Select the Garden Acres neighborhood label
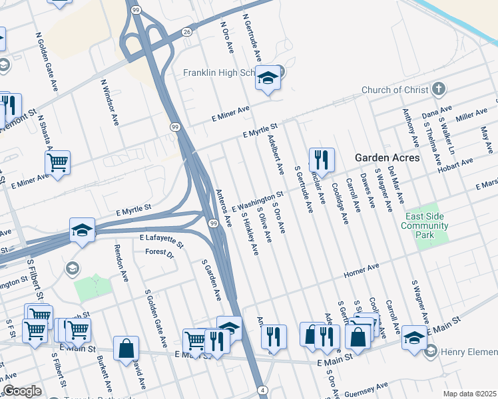coord(387,158)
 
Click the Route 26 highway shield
coord(187,31)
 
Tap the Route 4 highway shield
coord(264,389)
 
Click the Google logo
coord(22,391)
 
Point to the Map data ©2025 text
coord(469,394)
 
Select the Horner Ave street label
coord(361,271)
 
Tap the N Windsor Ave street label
coord(110,103)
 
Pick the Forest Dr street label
coord(160,253)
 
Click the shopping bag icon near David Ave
coord(126,348)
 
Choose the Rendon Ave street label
coord(121,263)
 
